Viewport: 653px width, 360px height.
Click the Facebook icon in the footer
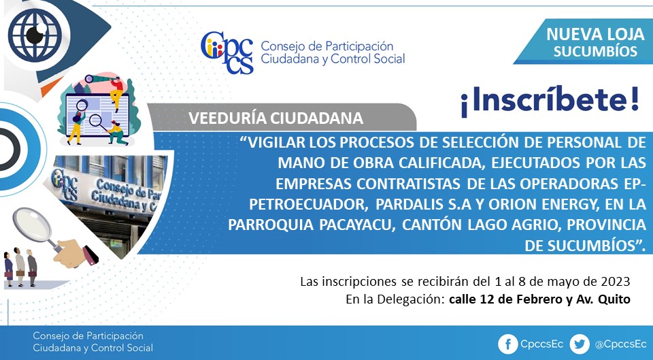pos(508,344)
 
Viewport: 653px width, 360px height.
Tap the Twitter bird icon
pos(580,344)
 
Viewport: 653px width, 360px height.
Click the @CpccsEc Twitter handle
pos(620,344)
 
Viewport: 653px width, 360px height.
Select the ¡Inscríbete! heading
pos(550,102)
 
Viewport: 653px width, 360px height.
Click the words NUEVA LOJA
pos(595,34)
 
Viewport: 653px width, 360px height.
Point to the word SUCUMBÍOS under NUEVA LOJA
pos(596,51)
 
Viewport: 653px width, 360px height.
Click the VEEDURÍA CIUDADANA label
pos(275,118)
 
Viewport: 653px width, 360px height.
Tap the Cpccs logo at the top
pos(227,52)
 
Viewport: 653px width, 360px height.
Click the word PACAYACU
pos(356,225)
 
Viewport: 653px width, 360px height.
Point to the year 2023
pos(615,282)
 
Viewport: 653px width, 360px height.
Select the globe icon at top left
pos(35,35)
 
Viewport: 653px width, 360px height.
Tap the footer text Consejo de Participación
pos(88,336)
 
